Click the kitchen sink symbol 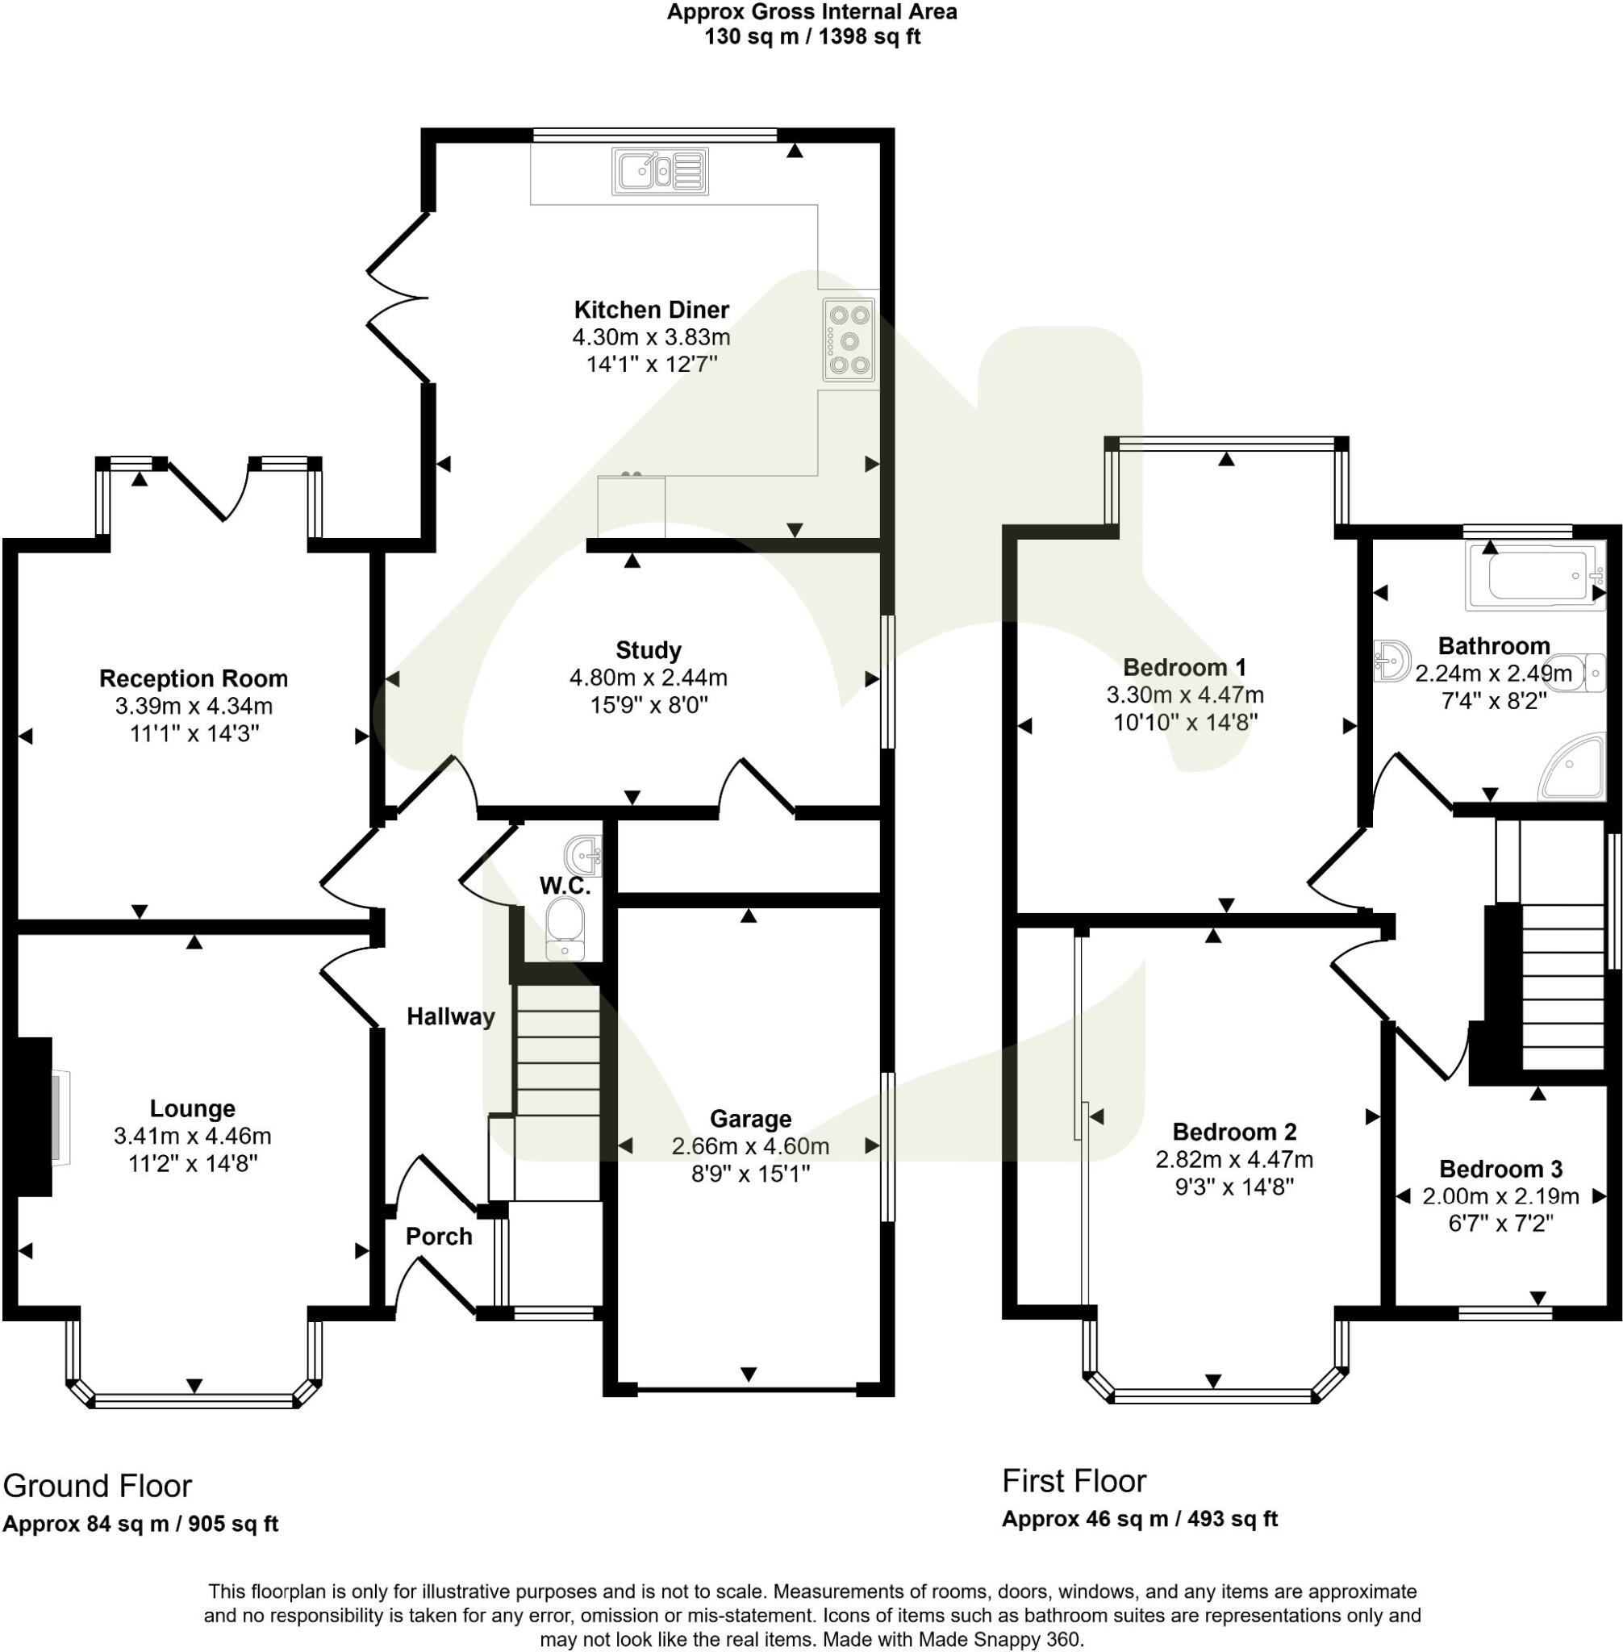coord(659,171)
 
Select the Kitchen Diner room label coord(651,310)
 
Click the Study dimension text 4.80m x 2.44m coord(648,678)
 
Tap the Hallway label coord(450,1016)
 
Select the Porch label coord(438,1236)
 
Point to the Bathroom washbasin coord(1393,661)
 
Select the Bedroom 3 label coord(1500,1169)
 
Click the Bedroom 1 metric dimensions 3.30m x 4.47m coord(1185,695)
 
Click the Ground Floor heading coord(97,1486)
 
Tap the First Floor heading coord(1073,1481)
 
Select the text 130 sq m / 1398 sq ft coord(811,37)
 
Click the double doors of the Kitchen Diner coord(397,298)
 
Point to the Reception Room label coord(194,678)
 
